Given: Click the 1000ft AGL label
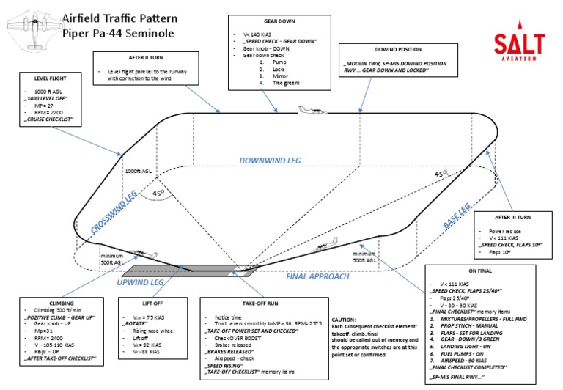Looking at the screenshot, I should click(x=139, y=170).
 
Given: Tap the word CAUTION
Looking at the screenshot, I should click(x=345, y=320).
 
